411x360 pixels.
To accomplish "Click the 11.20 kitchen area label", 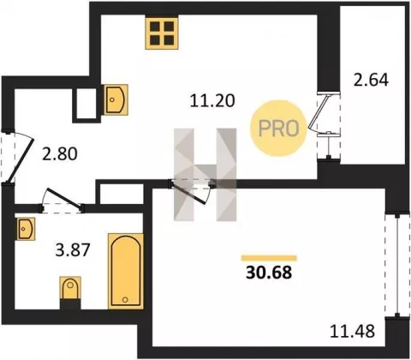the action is [x=212, y=100].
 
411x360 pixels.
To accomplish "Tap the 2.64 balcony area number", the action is [x=371, y=80].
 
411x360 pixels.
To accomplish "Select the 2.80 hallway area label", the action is [x=60, y=153].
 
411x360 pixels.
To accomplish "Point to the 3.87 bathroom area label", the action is [x=73, y=249].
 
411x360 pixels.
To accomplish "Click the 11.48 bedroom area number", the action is [x=352, y=332].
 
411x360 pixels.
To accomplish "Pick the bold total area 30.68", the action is [x=269, y=273].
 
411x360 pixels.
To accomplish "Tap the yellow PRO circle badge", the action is [x=278, y=129].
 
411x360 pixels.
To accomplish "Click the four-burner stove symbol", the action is [x=162, y=33].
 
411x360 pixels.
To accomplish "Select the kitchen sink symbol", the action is [x=116, y=99].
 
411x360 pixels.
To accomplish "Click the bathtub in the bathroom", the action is [x=126, y=271].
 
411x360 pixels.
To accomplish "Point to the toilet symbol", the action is [x=70, y=289].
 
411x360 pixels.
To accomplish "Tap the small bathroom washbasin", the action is [x=26, y=229].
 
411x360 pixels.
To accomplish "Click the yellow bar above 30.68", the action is [x=269, y=258].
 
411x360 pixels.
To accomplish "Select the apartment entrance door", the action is [x=20, y=157].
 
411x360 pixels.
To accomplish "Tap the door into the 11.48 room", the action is [x=191, y=191].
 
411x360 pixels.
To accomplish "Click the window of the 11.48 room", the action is [x=397, y=265].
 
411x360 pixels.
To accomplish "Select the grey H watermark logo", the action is [x=205, y=175].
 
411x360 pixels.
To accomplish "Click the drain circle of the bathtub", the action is [x=125, y=299].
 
